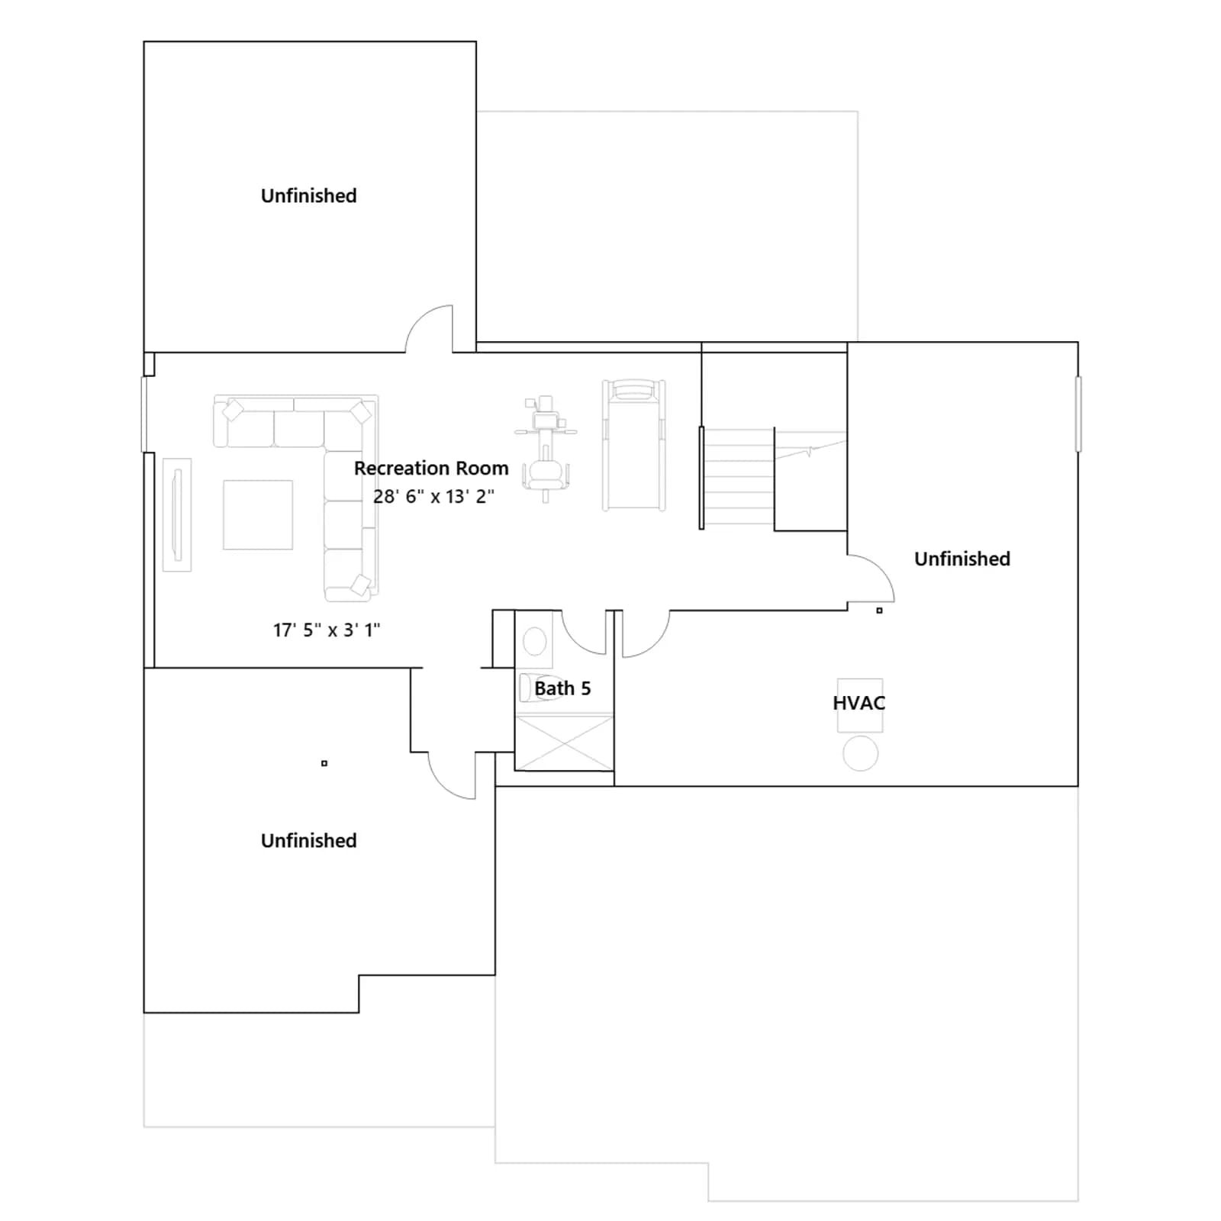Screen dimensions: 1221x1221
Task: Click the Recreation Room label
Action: coord(431,468)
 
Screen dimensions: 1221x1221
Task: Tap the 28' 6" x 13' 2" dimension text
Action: coord(433,496)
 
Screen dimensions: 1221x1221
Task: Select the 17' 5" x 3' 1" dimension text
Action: coord(327,630)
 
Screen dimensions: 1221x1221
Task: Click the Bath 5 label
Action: coord(562,688)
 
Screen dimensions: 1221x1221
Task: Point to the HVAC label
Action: coord(859,703)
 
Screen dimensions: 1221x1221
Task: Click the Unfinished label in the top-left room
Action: coord(309,195)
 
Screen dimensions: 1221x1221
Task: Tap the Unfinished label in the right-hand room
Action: coord(962,559)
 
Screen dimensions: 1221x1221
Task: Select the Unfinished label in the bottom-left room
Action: coord(309,840)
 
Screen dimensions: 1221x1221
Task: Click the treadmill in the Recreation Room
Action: coord(634,445)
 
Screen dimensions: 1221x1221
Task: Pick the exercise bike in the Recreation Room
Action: coord(546,449)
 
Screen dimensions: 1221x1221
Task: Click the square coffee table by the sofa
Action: coord(258,514)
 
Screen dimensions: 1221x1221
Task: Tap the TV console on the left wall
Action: coord(177,514)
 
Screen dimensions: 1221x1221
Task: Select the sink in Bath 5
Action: coord(535,641)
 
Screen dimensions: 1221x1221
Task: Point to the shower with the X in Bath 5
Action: coord(564,743)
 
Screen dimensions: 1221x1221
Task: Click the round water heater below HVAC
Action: coord(861,753)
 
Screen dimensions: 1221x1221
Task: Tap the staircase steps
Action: coord(738,477)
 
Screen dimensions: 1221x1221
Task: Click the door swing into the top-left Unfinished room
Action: coord(429,328)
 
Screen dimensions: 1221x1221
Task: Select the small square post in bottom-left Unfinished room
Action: coord(324,763)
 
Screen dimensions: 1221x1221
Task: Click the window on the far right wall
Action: coord(1078,414)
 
